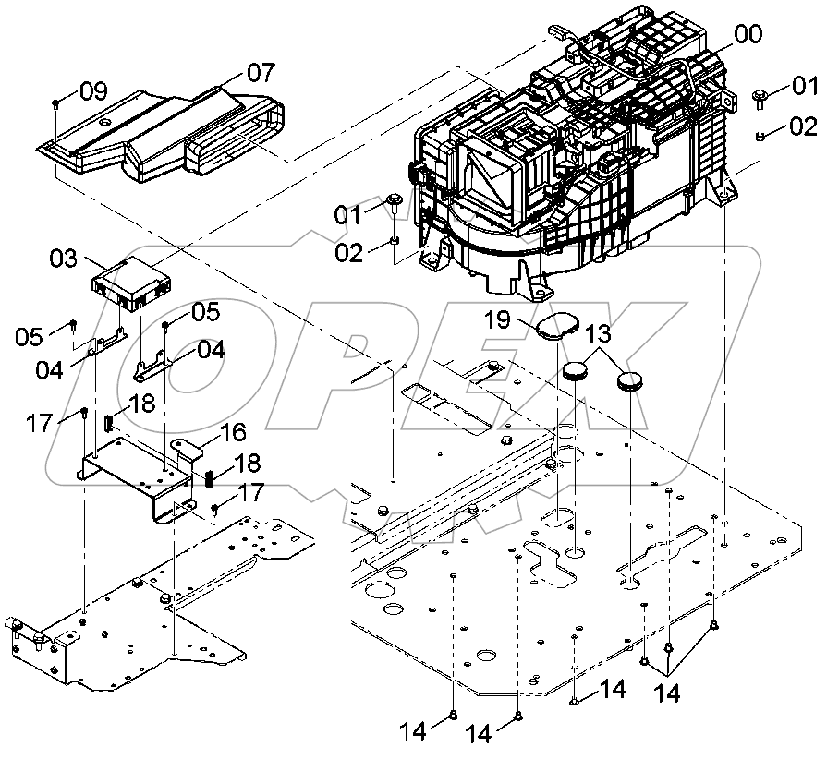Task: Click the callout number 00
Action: click(748, 36)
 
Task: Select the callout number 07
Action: click(261, 72)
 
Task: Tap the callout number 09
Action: click(93, 91)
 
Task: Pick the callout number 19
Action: click(498, 320)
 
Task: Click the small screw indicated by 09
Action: click(57, 103)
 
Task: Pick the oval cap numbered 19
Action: click(557, 327)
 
